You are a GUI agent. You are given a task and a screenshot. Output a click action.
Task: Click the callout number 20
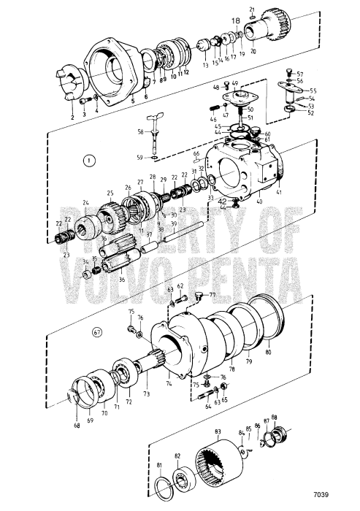pos(253,53)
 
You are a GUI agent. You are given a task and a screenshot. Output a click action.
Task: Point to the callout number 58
pos(141,131)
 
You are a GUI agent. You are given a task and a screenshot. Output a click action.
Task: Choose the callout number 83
pos(217,432)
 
